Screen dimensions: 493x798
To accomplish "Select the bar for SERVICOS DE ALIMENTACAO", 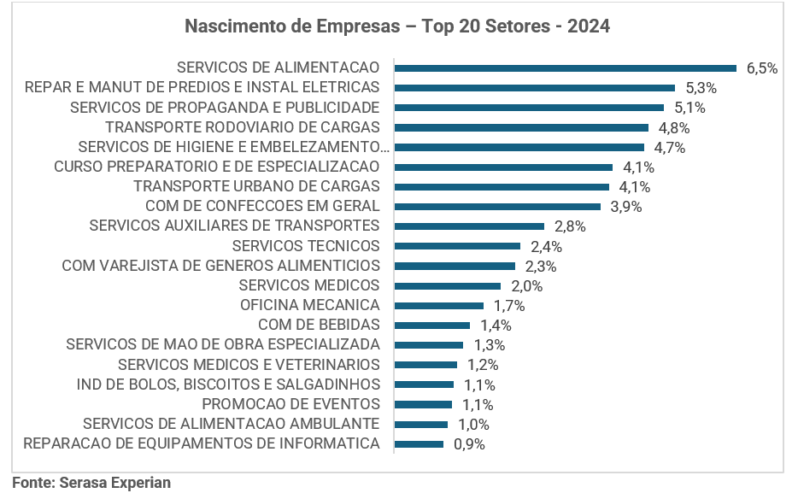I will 565,67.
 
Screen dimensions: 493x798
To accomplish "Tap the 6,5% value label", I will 761,68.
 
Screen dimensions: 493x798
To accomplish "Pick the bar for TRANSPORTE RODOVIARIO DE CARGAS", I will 521,127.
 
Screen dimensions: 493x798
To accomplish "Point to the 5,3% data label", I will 701,88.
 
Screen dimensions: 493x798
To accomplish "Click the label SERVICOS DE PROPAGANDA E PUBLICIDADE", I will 224,108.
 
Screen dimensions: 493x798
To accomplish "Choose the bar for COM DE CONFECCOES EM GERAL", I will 497,206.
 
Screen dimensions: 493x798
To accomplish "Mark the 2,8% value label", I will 571,226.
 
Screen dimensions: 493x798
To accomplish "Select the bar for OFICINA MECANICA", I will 439,305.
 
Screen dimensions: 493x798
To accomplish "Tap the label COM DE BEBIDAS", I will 319,325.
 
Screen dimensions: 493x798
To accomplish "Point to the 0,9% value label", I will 469,444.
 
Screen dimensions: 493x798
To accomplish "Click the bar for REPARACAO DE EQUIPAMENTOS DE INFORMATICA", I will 419,443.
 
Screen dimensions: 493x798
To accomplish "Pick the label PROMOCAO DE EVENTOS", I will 290,404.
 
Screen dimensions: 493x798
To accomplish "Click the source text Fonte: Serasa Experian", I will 91,483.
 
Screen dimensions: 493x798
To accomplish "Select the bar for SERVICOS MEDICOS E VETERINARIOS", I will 425,365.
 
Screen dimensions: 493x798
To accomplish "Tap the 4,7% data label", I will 669,148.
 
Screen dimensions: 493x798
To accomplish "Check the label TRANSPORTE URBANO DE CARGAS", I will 256,186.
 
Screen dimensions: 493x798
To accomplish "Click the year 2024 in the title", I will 588,26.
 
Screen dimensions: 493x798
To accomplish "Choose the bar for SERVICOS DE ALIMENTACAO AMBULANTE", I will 421,424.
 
